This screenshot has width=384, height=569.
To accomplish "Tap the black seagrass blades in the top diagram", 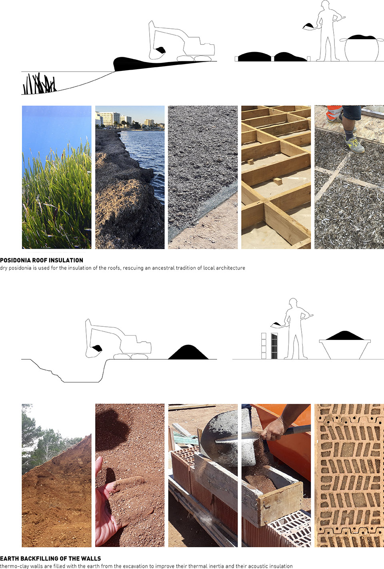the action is click(x=39, y=83).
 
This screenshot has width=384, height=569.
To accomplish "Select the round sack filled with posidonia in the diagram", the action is click(x=362, y=48).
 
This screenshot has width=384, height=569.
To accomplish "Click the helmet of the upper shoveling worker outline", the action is click(x=325, y=3).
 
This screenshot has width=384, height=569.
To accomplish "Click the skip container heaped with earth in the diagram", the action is click(x=345, y=345).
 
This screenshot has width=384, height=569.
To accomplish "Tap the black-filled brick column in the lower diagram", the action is click(x=274, y=346).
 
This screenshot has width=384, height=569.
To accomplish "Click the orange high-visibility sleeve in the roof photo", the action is click(x=334, y=114).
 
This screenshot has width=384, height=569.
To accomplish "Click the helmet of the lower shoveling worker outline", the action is click(x=293, y=301).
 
